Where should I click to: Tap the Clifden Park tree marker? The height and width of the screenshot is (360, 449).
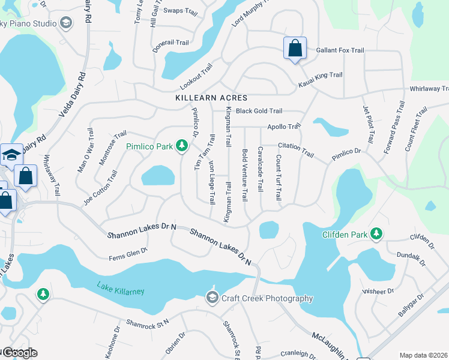coord(376,233)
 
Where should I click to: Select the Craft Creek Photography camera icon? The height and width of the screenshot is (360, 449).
coord(212,298)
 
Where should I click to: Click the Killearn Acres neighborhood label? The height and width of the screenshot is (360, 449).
coord(211,98)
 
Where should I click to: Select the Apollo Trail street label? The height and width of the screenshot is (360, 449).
coord(283,127)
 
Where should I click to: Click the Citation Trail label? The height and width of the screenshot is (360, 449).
coord(296,149)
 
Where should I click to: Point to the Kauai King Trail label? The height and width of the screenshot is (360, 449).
coord(321,77)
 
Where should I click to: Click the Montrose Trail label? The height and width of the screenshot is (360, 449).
coord(113,148)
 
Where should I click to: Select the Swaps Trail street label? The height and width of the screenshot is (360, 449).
coord(181,11)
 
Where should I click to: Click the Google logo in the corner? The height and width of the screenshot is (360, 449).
coord(19,353)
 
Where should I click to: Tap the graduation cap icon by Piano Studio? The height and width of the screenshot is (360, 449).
coord(65,23)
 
